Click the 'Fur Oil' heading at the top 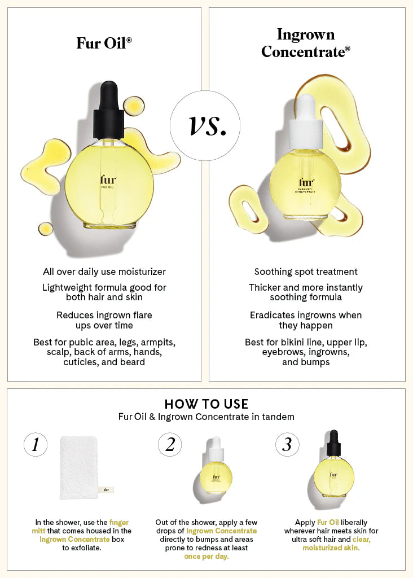pyautogui.click(x=104, y=43)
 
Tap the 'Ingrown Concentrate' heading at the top pyautogui.click(x=305, y=43)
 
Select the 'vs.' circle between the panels pyautogui.click(x=205, y=126)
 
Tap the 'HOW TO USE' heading pyautogui.click(x=206, y=404)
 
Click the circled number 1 pyautogui.click(x=36, y=445)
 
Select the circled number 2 pyautogui.click(x=170, y=445)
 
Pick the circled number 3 pyautogui.click(x=287, y=445)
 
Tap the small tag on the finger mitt pyautogui.click(x=106, y=490)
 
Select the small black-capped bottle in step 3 pyautogui.click(x=333, y=466)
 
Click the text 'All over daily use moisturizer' pyautogui.click(x=104, y=272)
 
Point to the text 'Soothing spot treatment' pyautogui.click(x=306, y=272)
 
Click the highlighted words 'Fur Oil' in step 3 pyautogui.click(x=328, y=523)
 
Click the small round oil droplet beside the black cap pyautogui.click(x=134, y=105)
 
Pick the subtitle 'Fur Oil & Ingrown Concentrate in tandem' pyautogui.click(x=206, y=417)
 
